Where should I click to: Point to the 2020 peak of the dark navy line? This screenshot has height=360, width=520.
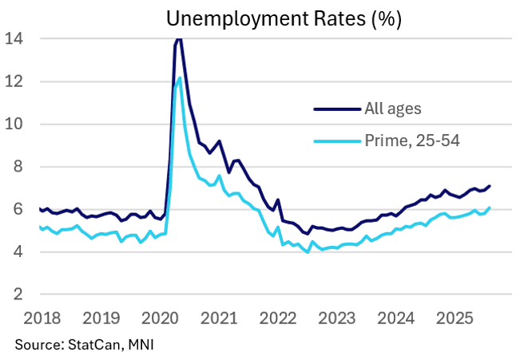178,38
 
